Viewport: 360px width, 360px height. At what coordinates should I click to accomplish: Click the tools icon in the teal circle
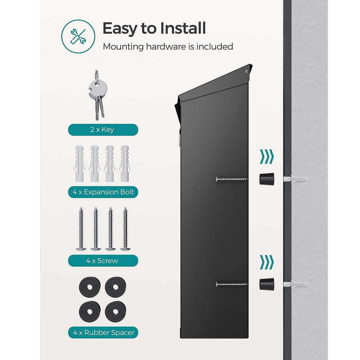point(78,37)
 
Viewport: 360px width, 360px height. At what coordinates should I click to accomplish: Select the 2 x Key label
point(103,130)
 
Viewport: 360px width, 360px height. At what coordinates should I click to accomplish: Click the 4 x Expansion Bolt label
point(103,192)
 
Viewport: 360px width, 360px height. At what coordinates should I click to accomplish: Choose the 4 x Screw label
point(103,261)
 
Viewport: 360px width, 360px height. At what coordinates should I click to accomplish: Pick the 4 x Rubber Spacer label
point(103,333)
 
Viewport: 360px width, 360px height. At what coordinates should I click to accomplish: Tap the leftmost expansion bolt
point(80,163)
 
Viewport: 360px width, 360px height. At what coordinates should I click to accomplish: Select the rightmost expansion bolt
point(125,163)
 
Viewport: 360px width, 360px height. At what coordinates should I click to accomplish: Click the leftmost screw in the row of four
point(81,229)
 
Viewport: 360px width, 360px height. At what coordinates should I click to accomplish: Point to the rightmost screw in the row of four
point(126,229)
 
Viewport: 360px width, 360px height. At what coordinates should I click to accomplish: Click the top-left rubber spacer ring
point(90,287)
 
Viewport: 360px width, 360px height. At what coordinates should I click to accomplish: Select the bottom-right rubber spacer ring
point(116,311)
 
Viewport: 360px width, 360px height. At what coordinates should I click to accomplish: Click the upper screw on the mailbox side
point(232,179)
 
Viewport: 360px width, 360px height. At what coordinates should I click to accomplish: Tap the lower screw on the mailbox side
point(232,284)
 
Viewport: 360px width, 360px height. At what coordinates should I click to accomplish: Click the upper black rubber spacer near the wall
point(267,179)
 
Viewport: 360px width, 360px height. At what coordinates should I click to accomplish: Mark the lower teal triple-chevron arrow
point(267,262)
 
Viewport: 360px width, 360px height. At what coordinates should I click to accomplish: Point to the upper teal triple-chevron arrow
point(267,157)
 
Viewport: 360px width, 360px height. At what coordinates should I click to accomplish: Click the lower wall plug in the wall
point(295,285)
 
